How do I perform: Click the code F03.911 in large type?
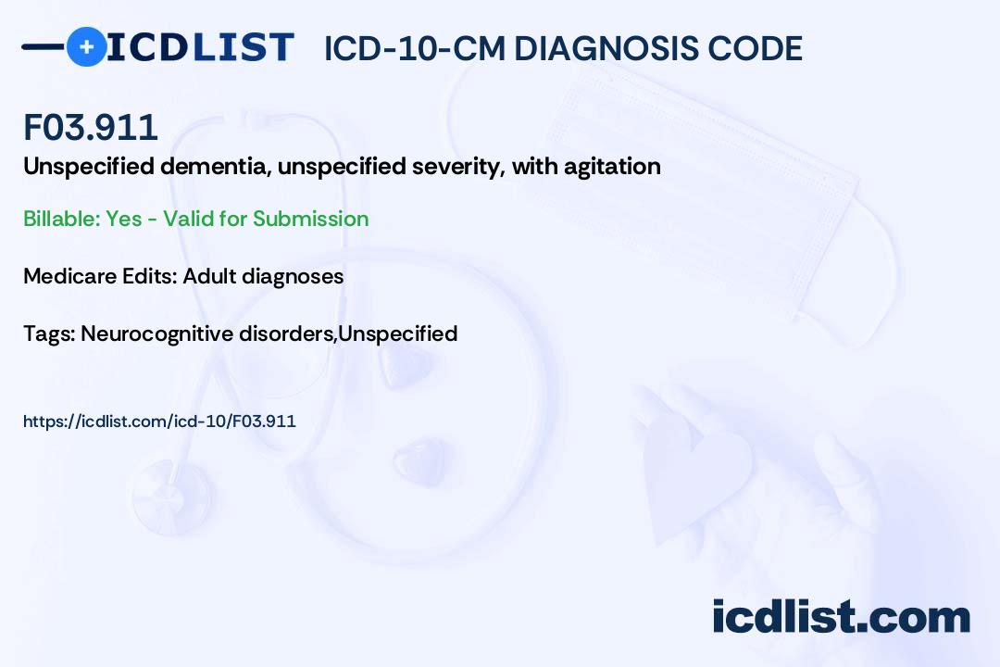coord(91,128)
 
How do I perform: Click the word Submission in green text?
coord(310,219)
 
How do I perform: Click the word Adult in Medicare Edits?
coord(210,276)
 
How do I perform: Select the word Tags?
coord(48,333)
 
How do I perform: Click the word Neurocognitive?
coord(152,333)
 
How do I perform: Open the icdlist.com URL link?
coord(159,422)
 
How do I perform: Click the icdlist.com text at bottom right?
coord(841,617)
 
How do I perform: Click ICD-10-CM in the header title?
coord(413,48)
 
